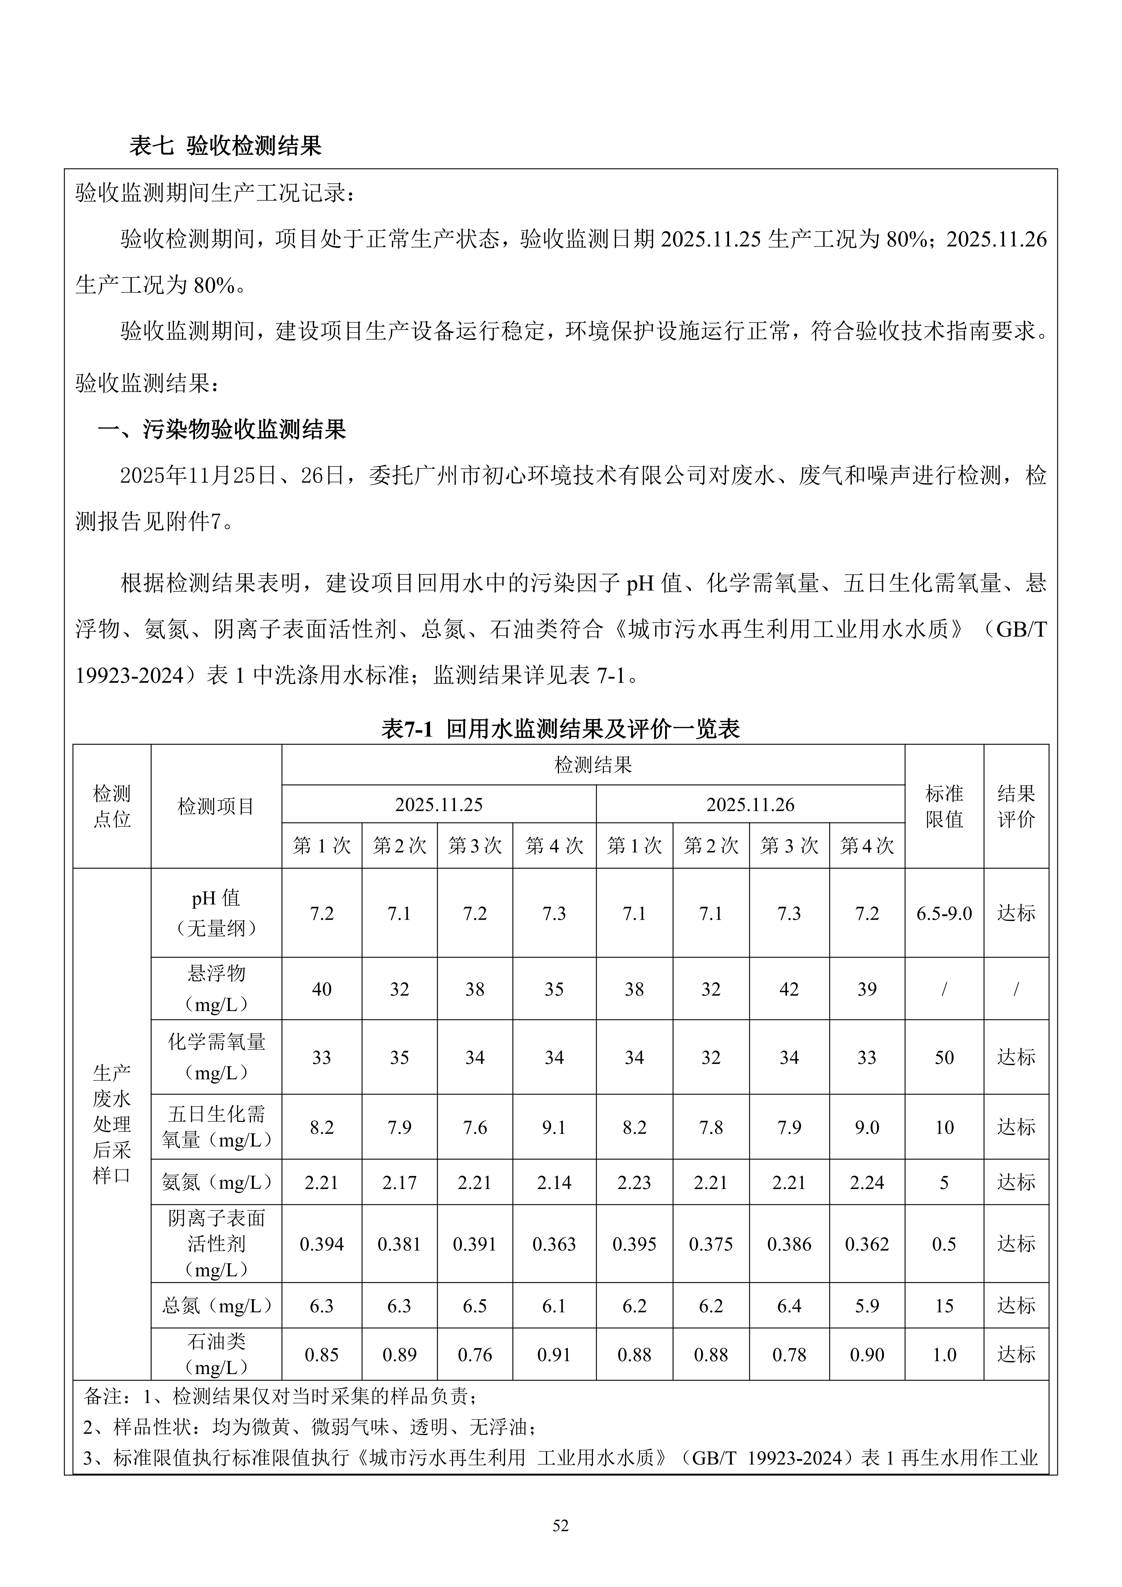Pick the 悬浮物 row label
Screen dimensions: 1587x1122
[x=216, y=988]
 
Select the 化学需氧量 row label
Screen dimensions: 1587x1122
[x=216, y=1057]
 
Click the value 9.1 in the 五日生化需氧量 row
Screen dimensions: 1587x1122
[x=554, y=1128]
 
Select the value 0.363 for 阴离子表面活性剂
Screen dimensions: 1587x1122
[x=554, y=1244]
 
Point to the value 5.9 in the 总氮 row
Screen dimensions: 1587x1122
[x=867, y=1306]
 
